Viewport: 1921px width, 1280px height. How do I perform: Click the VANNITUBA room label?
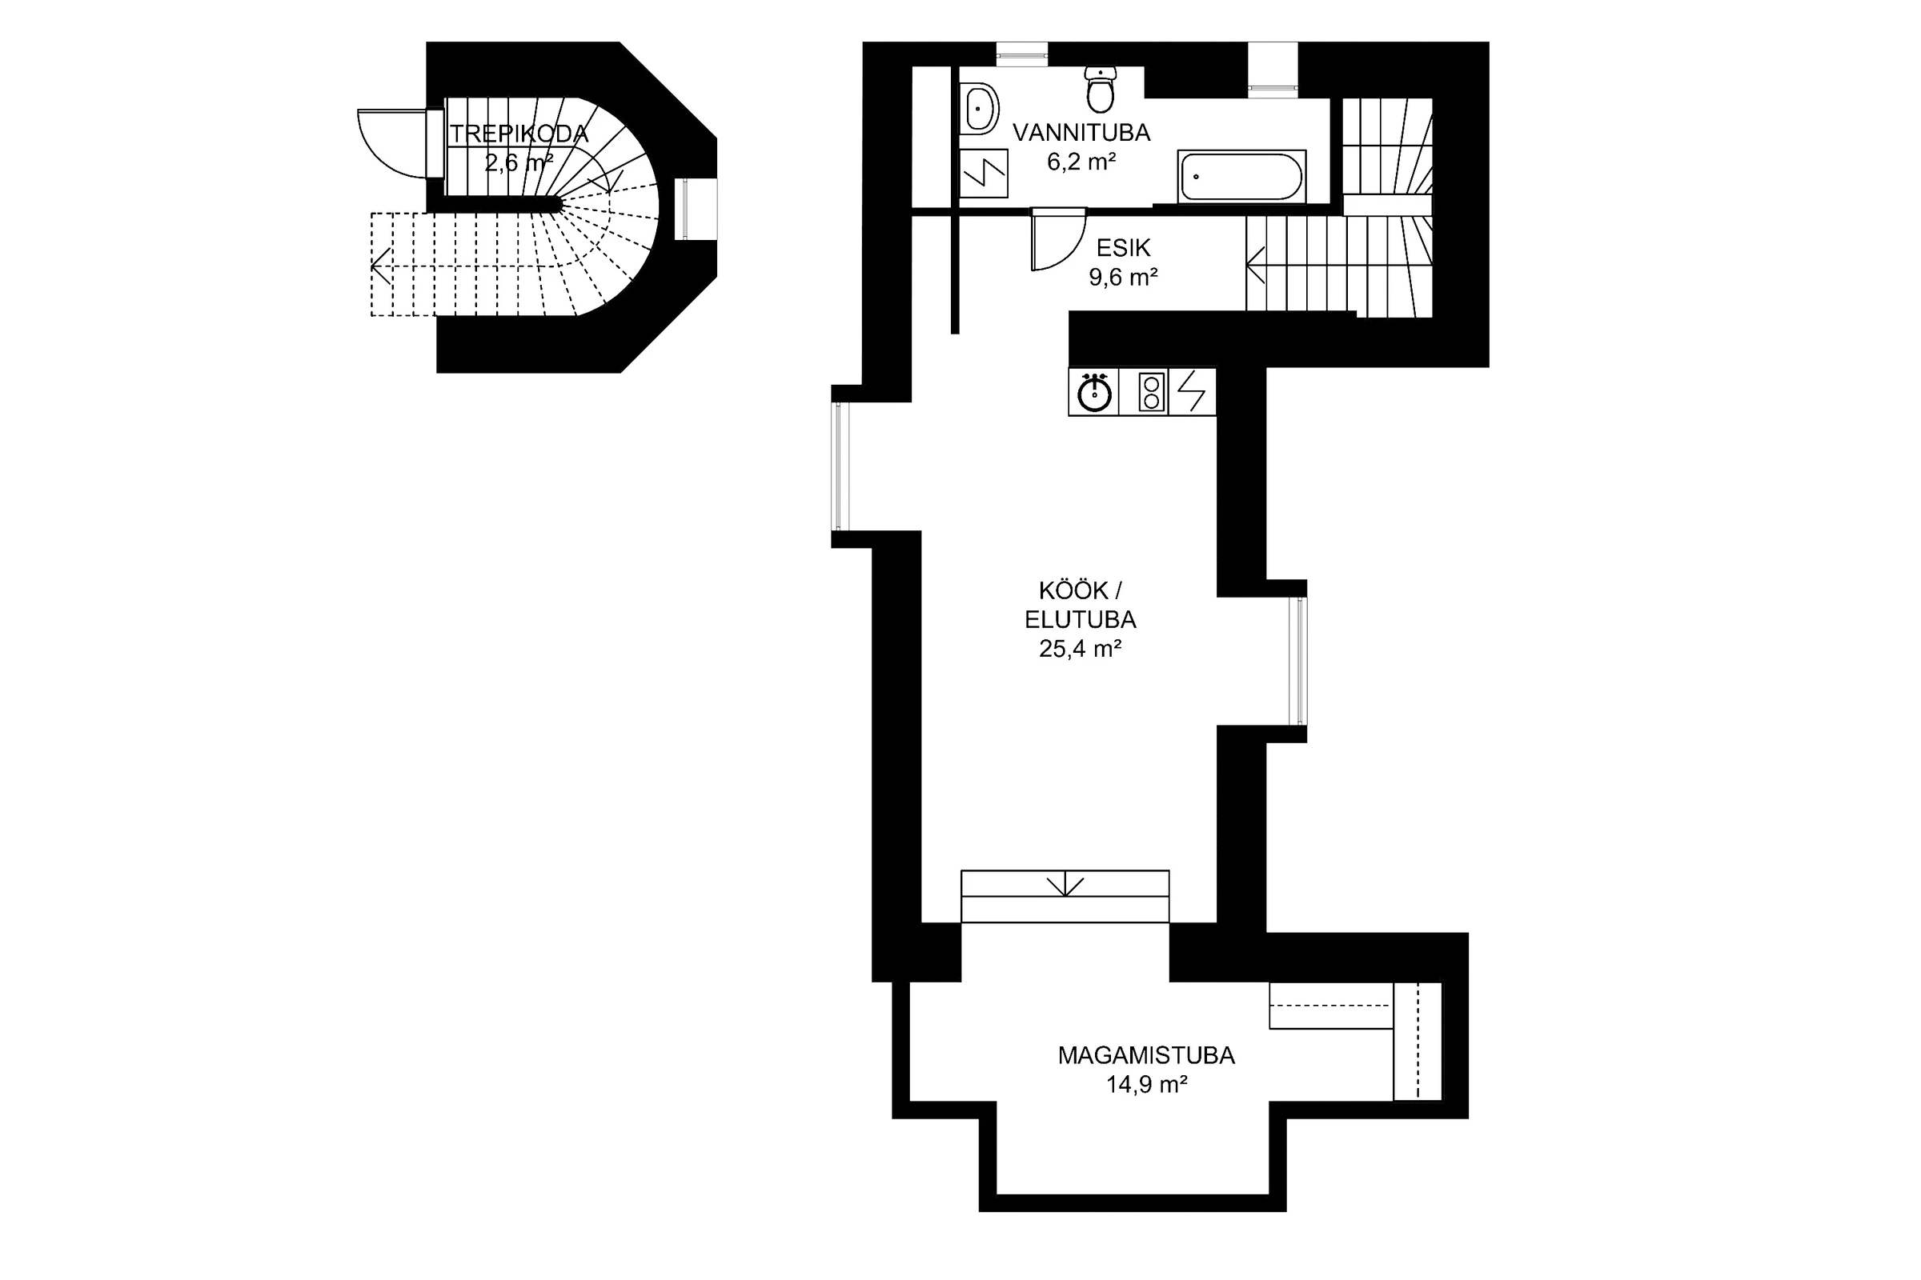1081,132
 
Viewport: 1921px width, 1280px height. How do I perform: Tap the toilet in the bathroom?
1100,90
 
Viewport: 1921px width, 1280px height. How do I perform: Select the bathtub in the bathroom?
1241,175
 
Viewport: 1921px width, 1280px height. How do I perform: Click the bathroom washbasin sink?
978,109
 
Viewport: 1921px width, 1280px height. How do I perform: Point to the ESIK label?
1123,247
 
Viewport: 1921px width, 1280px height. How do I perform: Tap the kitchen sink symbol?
1093,393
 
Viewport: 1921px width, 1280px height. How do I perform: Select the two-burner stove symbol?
1152,392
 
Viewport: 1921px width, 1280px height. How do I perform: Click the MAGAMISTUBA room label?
1146,1055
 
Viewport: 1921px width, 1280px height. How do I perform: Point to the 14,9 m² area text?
1146,1085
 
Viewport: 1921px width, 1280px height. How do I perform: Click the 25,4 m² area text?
1080,649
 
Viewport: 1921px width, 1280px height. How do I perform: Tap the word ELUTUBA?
1080,619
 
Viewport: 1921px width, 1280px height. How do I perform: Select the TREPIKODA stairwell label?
519,134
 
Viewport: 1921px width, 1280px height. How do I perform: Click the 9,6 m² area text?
1123,278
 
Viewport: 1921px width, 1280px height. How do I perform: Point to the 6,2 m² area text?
1081,162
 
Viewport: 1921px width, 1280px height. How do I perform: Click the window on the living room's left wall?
841,466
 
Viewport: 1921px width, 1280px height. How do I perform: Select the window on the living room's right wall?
1297,662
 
